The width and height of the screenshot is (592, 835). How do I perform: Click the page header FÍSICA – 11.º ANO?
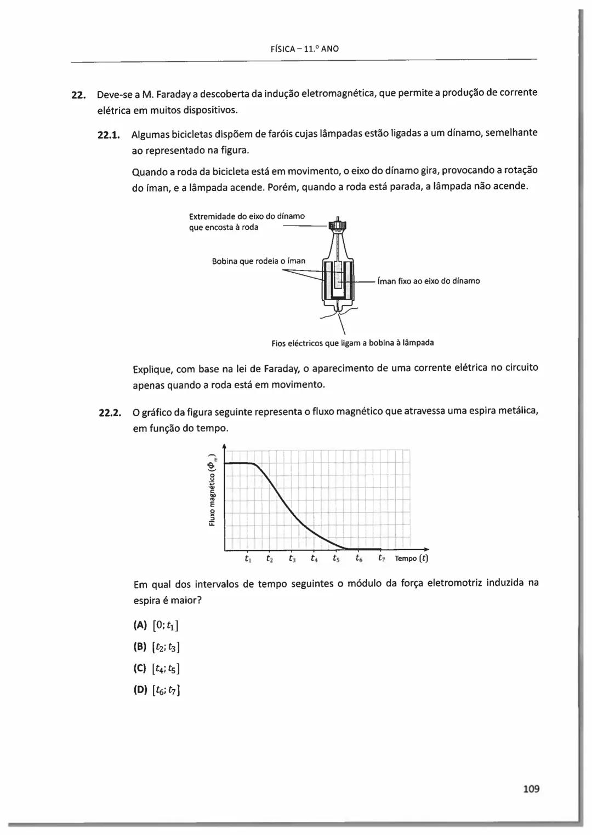coord(305,49)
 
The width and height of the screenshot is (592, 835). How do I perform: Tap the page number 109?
coord(531,789)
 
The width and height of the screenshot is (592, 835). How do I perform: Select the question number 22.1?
coord(108,134)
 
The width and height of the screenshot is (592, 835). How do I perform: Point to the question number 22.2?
coord(109,412)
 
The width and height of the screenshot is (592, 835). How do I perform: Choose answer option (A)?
coord(140,625)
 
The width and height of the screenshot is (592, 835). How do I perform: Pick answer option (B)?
coord(140,647)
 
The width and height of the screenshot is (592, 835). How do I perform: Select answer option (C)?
coord(140,669)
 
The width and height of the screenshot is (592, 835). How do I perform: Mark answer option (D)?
coord(140,690)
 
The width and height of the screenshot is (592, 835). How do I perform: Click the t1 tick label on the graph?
coord(248,559)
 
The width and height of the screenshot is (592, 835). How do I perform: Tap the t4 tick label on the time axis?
coord(314,559)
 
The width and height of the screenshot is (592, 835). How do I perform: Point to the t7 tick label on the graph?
coord(382,558)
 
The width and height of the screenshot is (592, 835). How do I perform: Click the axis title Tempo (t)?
coord(411,558)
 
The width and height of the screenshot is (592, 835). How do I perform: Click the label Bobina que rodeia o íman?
coord(258,261)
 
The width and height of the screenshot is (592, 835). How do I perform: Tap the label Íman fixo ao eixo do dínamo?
coord(429,281)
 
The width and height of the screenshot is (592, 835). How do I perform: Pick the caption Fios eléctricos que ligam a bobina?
coord(352,343)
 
